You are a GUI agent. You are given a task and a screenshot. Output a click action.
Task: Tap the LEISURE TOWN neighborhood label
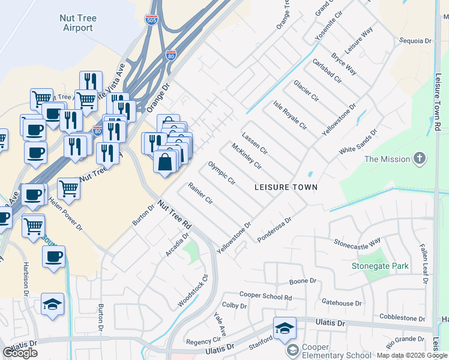click(286, 187)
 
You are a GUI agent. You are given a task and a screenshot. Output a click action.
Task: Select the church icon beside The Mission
click(419, 159)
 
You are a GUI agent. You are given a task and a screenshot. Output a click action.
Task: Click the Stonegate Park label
click(380, 266)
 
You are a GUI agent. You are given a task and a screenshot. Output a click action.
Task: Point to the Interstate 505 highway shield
click(151, 20)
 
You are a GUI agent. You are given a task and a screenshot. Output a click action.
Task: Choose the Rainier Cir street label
click(200, 194)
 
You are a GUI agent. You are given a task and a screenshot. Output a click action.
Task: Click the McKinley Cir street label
click(247, 155)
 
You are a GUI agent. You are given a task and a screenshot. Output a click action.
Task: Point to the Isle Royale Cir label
click(290, 116)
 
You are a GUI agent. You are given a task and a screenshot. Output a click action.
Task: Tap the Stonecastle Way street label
click(358, 243)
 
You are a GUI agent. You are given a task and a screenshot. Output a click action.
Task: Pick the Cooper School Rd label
click(265, 296)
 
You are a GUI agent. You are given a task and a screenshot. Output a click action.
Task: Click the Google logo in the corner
click(20, 353)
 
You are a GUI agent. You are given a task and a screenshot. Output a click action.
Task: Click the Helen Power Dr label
click(65, 214)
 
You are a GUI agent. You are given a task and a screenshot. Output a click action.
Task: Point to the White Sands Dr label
click(358, 142)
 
